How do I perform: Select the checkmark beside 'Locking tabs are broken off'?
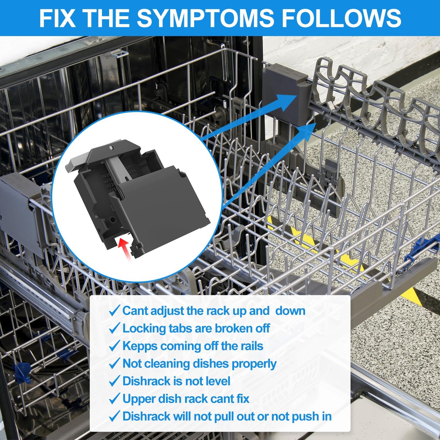[x=114, y=328]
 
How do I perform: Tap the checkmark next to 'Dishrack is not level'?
[x=114, y=381]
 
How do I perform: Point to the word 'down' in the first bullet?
[x=290, y=311]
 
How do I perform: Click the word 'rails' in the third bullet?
[x=250, y=346]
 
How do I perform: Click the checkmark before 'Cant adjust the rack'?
[x=114, y=311]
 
